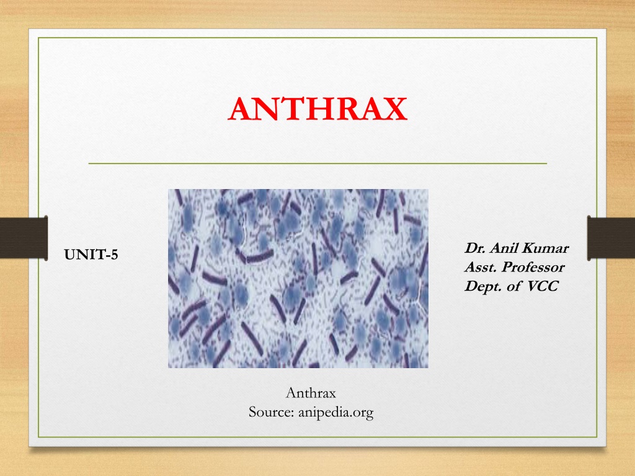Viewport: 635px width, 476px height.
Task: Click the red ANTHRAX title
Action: tap(317, 109)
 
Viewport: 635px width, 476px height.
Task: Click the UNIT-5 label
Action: tap(91, 255)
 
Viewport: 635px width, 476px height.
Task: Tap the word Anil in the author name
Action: tap(504, 248)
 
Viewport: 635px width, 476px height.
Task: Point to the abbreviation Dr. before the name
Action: tap(475, 248)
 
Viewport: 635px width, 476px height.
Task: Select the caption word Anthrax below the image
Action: tap(311, 393)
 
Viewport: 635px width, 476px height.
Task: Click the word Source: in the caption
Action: tap(272, 412)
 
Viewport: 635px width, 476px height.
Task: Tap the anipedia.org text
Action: tap(335, 413)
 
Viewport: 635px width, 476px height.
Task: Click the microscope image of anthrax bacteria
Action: tap(298, 278)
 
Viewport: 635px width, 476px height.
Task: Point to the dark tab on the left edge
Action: tap(24, 238)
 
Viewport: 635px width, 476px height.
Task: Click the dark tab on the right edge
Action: tap(611, 238)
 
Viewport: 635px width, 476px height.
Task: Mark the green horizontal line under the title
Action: tap(317, 164)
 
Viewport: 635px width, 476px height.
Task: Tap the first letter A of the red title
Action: tap(242, 109)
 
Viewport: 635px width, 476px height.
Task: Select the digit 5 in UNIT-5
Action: tap(114, 255)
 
